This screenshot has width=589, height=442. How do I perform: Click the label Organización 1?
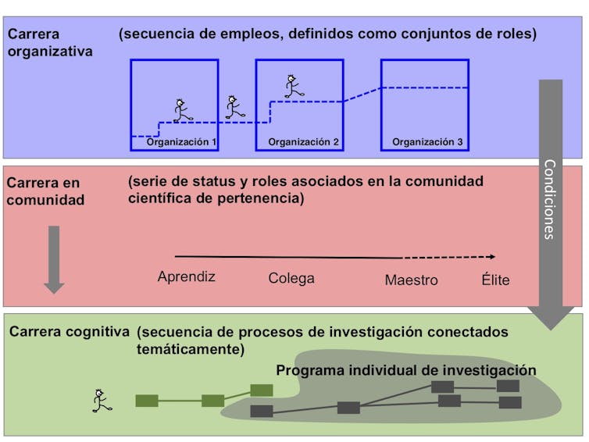click(181, 142)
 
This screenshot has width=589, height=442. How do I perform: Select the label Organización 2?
click(303, 142)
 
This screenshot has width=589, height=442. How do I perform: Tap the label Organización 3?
click(427, 142)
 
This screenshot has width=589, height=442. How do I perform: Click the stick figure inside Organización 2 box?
click(294, 87)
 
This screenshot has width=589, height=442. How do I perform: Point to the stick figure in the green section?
click(101, 401)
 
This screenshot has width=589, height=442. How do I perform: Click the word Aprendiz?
click(186, 276)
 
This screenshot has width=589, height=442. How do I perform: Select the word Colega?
click(291, 278)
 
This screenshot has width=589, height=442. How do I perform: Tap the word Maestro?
click(411, 280)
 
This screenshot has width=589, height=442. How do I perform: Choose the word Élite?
click(495, 280)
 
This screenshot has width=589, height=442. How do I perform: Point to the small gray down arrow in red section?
click(54, 258)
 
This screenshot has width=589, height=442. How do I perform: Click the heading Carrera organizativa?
click(50, 43)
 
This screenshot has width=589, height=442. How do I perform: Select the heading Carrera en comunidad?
click(45, 191)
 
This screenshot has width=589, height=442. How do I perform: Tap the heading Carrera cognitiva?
click(70, 331)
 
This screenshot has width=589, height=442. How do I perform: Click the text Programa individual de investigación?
click(406, 369)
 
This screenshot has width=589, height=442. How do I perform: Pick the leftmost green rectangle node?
click(147, 401)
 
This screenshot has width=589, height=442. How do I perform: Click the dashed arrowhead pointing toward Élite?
click(491, 256)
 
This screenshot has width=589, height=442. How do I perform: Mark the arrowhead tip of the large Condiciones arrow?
click(551, 326)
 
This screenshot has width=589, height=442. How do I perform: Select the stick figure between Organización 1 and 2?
click(234, 107)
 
